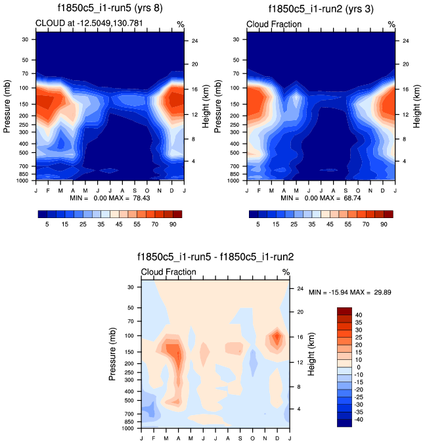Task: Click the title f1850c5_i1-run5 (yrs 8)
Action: pos(110,9)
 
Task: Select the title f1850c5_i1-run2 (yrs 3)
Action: pos(322,9)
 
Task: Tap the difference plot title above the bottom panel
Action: pos(215,257)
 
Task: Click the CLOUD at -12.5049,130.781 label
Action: pos(90,24)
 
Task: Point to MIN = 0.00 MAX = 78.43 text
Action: pos(110,197)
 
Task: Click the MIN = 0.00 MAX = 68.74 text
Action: pos(321,197)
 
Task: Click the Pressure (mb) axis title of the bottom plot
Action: pos(113,355)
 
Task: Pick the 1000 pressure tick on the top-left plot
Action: pos(25,180)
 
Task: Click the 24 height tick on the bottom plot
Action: pos(300,288)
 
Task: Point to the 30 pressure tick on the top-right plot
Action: pos(239,39)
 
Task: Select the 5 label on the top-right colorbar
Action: pos(258,224)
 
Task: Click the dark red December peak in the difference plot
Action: pos(277,338)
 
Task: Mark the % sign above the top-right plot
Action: pos(391,24)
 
